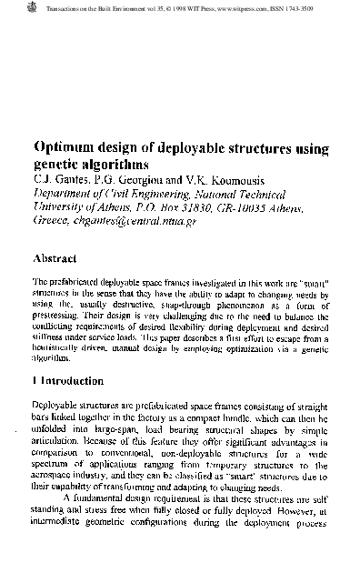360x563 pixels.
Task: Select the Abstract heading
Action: click(x=62, y=257)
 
